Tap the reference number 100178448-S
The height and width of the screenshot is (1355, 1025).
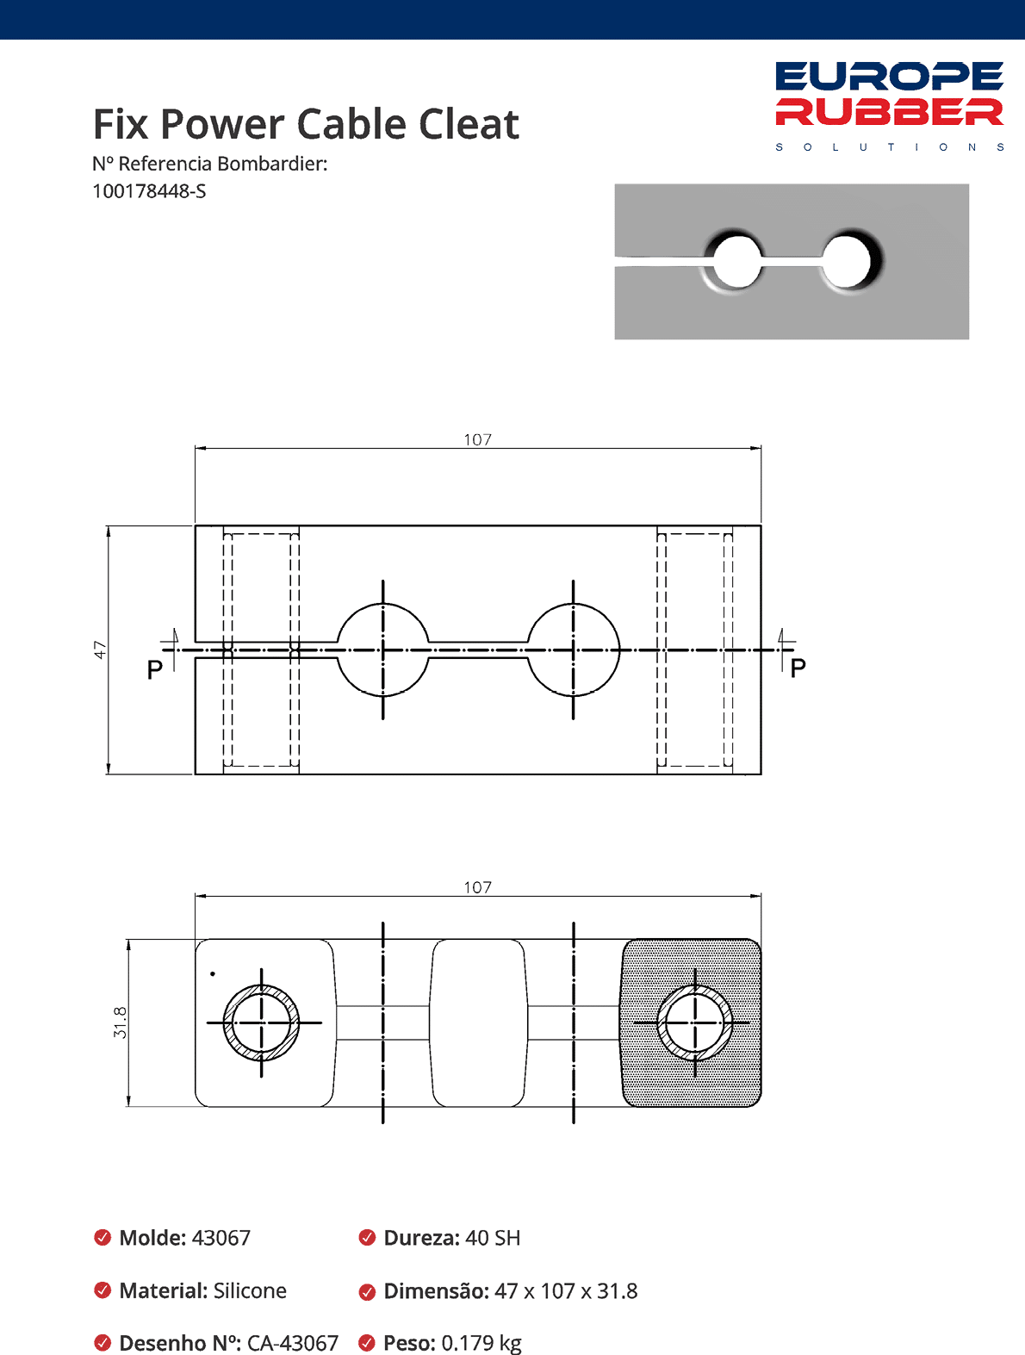(149, 191)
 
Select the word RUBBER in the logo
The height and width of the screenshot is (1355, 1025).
(889, 112)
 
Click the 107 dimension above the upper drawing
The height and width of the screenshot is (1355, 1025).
(478, 439)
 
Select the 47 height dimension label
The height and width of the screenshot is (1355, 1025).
(100, 650)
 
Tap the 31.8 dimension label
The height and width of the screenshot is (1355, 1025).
(120, 1022)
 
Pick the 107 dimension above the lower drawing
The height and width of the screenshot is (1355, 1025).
(478, 887)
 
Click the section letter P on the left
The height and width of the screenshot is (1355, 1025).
(155, 669)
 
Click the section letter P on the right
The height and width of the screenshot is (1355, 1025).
(798, 668)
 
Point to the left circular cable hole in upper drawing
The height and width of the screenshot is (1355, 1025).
(382, 650)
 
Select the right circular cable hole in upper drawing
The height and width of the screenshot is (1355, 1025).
(573, 650)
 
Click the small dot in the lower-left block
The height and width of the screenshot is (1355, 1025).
(213, 974)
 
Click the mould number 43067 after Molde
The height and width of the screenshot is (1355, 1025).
(221, 1238)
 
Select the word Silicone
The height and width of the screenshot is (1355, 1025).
(250, 1290)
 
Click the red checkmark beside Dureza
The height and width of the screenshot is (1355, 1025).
(367, 1238)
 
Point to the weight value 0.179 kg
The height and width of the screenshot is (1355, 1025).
(481, 1343)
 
